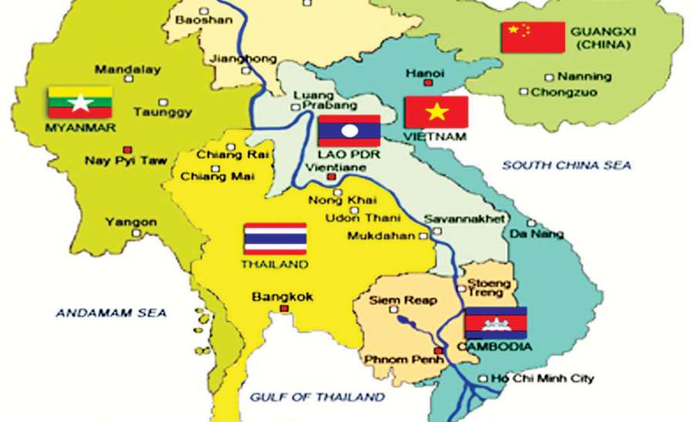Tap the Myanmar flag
pos(80,102)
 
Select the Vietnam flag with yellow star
pos(437,112)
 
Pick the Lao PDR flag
pos(349,131)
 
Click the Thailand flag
pos(275,239)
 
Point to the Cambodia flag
pos(496,323)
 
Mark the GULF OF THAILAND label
pos(316,397)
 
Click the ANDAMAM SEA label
pos(111,313)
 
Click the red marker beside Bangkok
pos(284,309)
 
